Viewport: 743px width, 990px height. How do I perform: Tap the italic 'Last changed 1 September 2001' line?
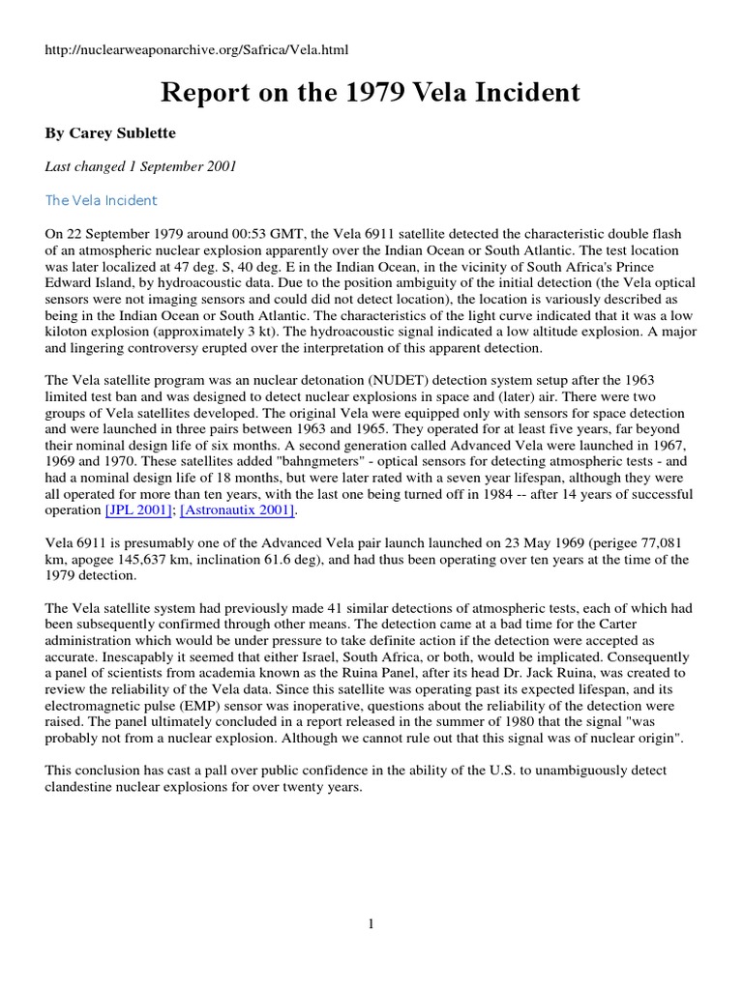point(140,166)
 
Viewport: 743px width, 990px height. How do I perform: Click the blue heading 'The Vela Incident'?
point(101,200)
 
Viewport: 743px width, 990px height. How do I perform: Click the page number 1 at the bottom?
point(371,924)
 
